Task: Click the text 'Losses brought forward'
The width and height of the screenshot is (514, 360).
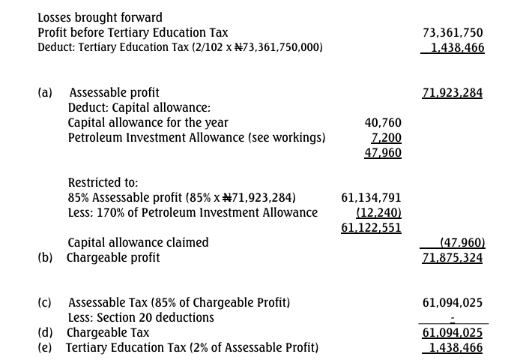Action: (100, 17)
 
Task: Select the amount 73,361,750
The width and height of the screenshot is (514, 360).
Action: (453, 33)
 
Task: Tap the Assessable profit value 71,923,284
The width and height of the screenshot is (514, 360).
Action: (453, 93)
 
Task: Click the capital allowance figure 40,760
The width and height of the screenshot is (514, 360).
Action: (383, 123)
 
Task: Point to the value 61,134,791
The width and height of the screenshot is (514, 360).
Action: (371, 198)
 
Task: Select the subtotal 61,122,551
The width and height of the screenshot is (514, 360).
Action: (371, 228)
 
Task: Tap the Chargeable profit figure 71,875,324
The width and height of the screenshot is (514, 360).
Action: (453, 258)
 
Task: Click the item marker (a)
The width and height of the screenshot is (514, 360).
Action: (45, 93)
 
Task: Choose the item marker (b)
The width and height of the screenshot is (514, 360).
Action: (45, 258)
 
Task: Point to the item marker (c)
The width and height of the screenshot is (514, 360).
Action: (45, 303)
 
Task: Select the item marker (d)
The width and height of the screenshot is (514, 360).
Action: (45, 332)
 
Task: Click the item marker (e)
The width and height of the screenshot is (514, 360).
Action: (45, 347)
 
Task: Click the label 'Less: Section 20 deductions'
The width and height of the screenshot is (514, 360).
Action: (141, 318)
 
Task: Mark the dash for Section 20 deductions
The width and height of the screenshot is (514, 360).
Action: (453, 319)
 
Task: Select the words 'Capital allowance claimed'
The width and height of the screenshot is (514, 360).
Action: (138, 243)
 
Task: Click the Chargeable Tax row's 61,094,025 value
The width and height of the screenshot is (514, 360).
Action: (453, 332)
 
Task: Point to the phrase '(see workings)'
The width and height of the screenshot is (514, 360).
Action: (288, 138)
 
